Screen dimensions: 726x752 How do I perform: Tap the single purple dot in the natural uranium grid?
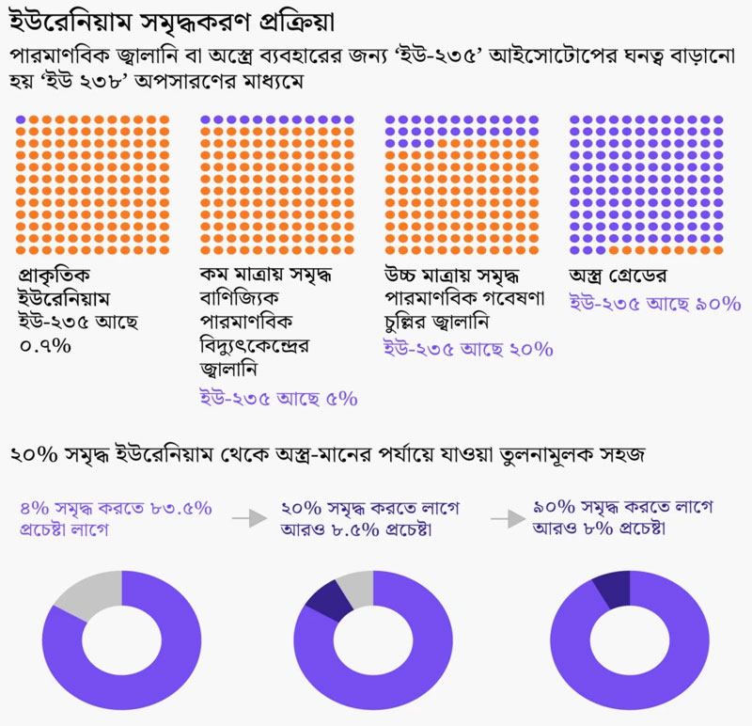point(22,119)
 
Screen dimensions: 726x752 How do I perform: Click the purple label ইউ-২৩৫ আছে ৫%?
point(278,398)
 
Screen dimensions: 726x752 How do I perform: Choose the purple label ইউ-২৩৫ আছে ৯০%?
point(655,304)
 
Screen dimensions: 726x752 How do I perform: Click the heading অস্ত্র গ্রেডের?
point(624,277)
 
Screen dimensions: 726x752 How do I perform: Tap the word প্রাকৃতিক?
point(57,277)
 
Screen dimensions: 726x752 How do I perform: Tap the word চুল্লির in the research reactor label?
point(415,324)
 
